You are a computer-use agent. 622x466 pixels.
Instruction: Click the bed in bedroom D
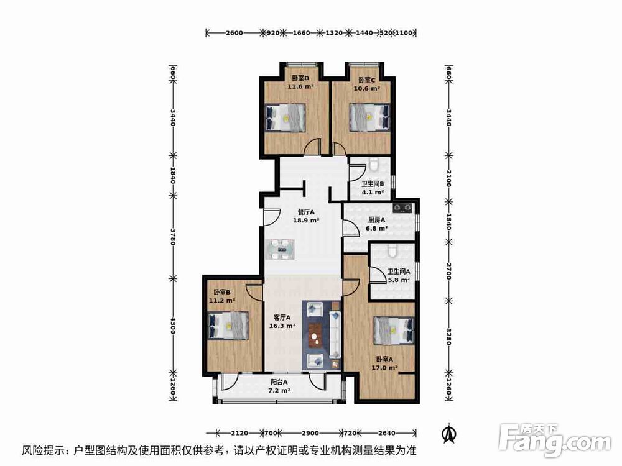(x=285, y=117)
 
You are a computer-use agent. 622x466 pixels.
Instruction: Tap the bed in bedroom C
(x=369, y=117)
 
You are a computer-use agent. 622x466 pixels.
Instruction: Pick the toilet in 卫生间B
(x=373, y=165)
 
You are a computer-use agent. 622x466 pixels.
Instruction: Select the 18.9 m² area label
(x=306, y=220)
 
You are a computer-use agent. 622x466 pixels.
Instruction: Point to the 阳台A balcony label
(x=279, y=382)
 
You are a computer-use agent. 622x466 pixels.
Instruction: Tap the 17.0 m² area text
(x=384, y=367)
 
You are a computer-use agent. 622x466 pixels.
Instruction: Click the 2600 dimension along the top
(x=234, y=32)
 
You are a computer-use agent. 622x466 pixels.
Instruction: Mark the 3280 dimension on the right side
(x=449, y=334)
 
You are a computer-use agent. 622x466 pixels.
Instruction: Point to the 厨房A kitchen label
(x=376, y=220)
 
